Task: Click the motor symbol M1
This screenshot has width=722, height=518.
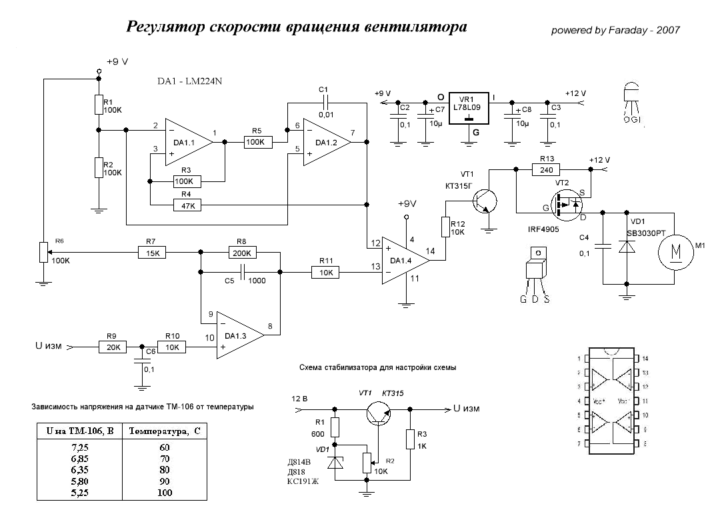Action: (x=676, y=252)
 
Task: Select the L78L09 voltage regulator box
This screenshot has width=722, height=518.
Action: (x=469, y=107)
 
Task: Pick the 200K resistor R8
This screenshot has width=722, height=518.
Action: (x=241, y=253)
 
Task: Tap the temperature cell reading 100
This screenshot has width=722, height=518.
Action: (x=164, y=493)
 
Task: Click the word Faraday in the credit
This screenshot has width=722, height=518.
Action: (x=624, y=31)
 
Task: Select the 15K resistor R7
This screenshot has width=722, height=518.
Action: (x=152, y=253)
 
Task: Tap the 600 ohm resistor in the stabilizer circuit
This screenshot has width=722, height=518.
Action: (x=335, y=427)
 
